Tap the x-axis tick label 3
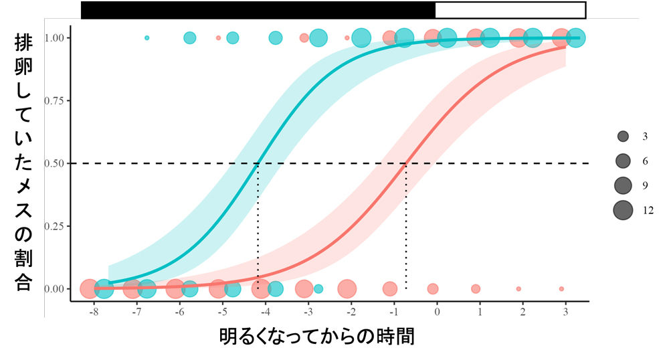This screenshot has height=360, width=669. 566,312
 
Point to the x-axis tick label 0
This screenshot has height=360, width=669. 437,312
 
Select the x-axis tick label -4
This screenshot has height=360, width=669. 265,312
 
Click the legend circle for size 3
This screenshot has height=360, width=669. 623,137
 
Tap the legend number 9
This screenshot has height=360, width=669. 645,185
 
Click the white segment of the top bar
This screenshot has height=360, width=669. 510,9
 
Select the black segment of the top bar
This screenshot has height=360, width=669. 258,9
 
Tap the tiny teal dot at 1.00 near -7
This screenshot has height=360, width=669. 147,37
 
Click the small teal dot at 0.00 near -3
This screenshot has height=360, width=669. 318,289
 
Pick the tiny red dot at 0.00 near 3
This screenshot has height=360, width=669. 561,289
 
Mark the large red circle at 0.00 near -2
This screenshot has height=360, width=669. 347,289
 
